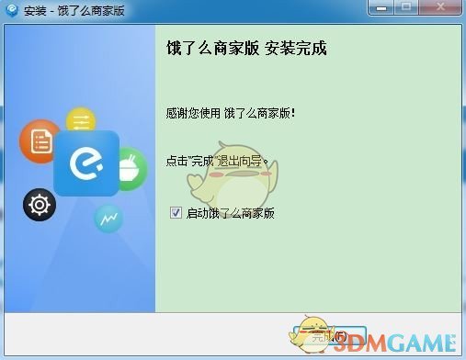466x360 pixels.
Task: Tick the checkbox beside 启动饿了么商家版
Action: [x=176, y=213]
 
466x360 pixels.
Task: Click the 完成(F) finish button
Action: [x=335, y=337]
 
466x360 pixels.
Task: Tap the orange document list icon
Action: [x=40, y=141]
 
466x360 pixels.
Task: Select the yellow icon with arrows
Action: [x=81, y=121]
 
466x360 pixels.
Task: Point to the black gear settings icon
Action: [x=40, y=204]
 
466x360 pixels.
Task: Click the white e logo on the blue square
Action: [x=86, y=164]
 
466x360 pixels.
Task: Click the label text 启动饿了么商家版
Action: [x=231, y=213]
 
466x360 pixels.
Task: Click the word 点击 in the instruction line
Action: [x=175, y=161]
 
